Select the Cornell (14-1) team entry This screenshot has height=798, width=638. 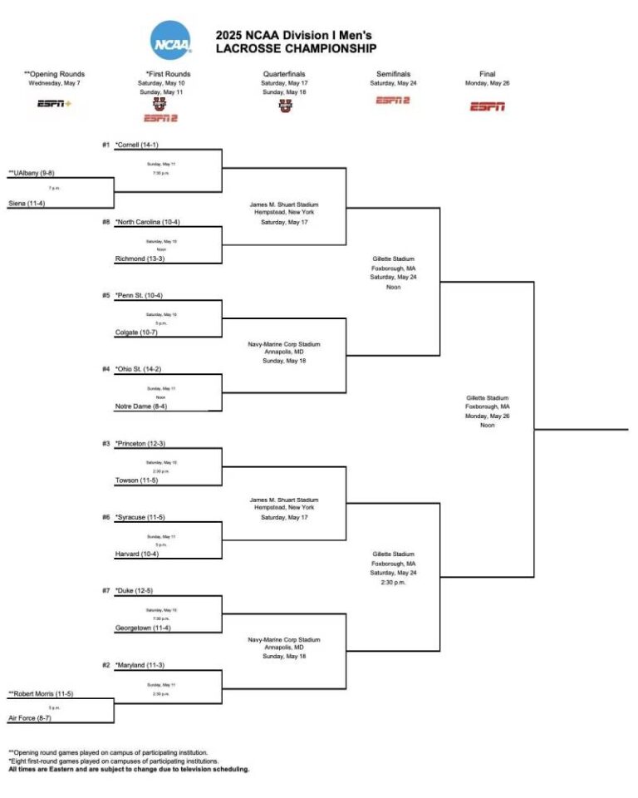pyautogui.click(x=138, y=145)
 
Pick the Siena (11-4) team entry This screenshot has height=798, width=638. pyautogui.click(x=26, y=204)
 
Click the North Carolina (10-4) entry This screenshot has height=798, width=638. pyautogui.click(x=148, y=222)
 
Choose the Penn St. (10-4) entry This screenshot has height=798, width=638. pyautogui.click(x=140, y=295)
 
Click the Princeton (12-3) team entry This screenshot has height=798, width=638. pyautogui.click(x=140, y=443)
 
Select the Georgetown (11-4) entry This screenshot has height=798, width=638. pyautogui.click(x=143, y=628)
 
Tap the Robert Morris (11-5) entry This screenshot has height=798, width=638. pyautogui.click(x=42, y=692)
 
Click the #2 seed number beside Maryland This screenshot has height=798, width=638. pyautogui.click(x=106, y=665)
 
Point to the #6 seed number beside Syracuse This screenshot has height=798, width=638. pyautogui.click(x=106, y=517)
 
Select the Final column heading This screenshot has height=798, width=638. pyautogui.click(x=488, y=74)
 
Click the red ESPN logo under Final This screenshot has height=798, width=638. pyautogui.click(x=488, y=106)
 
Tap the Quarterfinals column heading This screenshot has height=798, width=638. pyautogui.click(x=286, y=74)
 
